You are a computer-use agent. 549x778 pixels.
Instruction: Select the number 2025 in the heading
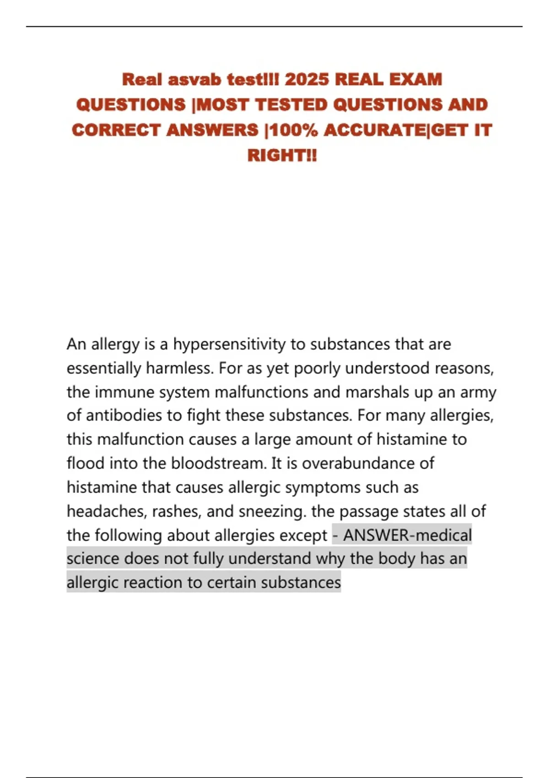click(x=307, y=80)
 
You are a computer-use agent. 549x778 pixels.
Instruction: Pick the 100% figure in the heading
click(x=294, y=130)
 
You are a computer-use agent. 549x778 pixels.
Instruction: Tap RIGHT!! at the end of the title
click(x=282, y=155)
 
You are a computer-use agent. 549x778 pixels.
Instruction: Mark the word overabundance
click(x=358, y=463)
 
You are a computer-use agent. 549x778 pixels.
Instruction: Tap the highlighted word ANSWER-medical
click(x=407, y=535)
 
